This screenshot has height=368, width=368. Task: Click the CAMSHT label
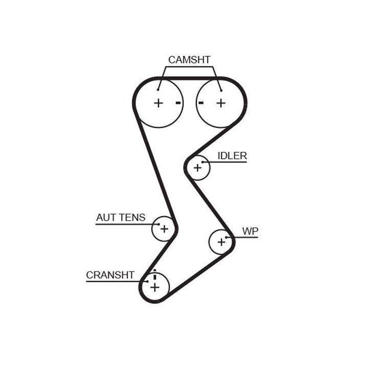(x=189, y=60)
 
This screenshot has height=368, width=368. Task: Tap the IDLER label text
(x=232, y=156)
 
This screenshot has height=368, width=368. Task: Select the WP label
(x=250, y=231)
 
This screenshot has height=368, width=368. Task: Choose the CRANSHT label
(x=110, y=275)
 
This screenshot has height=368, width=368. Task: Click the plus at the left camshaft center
(x=158, y=103)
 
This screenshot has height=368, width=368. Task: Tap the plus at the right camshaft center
(x=221, y=103)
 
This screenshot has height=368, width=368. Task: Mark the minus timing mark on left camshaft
(x=178, y=103)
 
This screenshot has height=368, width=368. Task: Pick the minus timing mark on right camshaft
(x=201, y=103)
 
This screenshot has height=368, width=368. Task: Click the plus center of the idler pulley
(x=198, y=168)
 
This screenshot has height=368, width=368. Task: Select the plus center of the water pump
(x=221, y=242)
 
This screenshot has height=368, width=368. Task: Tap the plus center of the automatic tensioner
(x=164, y=229)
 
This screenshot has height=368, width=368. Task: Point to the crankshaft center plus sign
(x=155, y=287)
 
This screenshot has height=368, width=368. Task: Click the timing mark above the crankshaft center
(x=155, y=275)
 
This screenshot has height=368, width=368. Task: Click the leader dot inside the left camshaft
(x=158, y=89)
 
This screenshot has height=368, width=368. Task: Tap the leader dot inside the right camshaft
(x=221, y=90)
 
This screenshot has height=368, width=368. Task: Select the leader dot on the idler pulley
(x=203, y=162)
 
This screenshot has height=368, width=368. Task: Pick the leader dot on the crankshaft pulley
(x=148, y=282)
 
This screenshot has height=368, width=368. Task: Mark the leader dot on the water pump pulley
(x=226, y=237)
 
